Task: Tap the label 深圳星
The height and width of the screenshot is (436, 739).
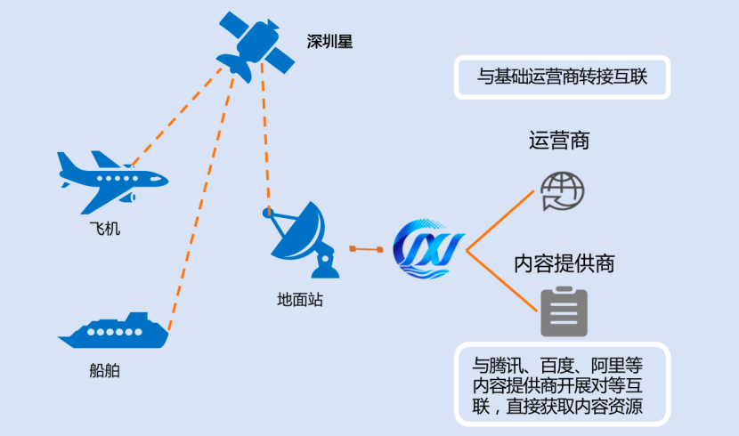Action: [329, 41]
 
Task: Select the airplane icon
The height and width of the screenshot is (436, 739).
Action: [111, 177]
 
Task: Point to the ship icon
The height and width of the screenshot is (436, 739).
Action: [113, 331]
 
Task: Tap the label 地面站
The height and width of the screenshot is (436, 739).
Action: [300, 300]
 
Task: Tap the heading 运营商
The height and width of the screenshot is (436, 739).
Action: [559, 141]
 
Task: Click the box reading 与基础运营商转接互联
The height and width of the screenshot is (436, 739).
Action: [561, 77]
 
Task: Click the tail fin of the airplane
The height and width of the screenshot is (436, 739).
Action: [65, 164]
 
